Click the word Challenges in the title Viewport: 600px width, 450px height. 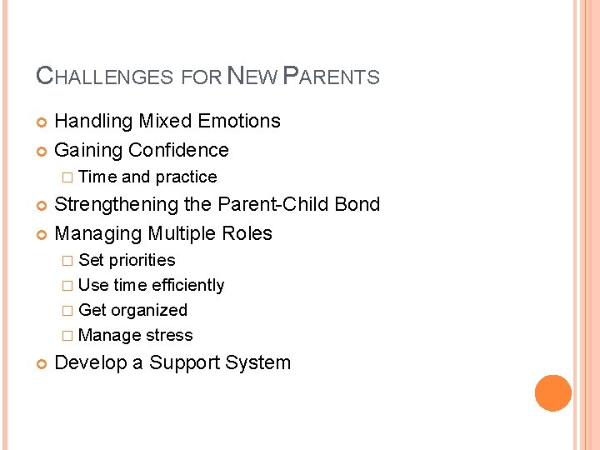click(105, 77)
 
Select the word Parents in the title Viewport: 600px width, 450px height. click(332, 77)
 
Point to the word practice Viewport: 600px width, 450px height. click(186, 177)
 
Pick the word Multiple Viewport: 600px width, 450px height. click(182, 234)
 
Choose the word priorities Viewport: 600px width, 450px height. click(142, 261)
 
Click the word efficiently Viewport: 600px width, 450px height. click(187, 286)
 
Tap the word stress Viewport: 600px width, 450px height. click(169, 336)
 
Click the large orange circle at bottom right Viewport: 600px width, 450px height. click(552, 393)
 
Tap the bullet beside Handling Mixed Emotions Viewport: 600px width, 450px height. click(42, 122)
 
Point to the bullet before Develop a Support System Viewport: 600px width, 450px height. click(42, 364)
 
